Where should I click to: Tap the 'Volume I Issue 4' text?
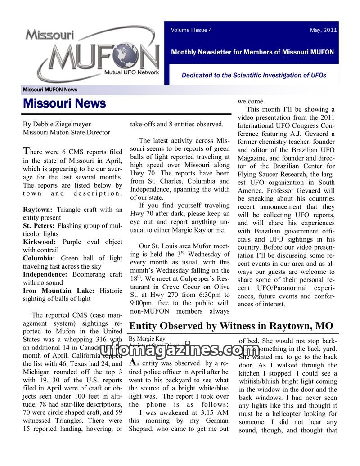click(191, 30)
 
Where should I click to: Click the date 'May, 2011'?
click(323, 30)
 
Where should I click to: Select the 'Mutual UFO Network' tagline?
click(131, 72)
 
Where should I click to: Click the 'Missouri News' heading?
click(64, 103)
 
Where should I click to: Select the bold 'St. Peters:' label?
click(39, 226)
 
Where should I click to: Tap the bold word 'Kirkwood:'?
click(39, 242)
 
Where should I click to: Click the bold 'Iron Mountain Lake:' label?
click(58, 291)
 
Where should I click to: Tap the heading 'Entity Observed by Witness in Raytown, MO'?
click(231, 326)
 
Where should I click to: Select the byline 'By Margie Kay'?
click(147, 338)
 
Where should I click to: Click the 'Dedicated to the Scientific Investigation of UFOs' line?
click(254, 75)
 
